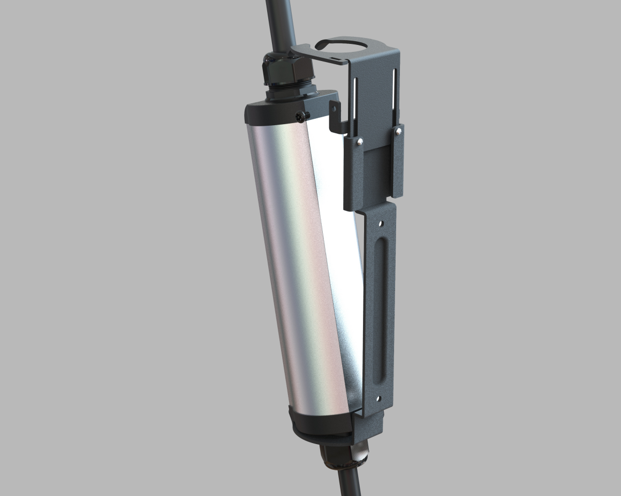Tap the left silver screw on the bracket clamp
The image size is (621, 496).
pyautogui.click(x=360, y=141)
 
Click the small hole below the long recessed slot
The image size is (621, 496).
pyautogui.click(x=378, y=398)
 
